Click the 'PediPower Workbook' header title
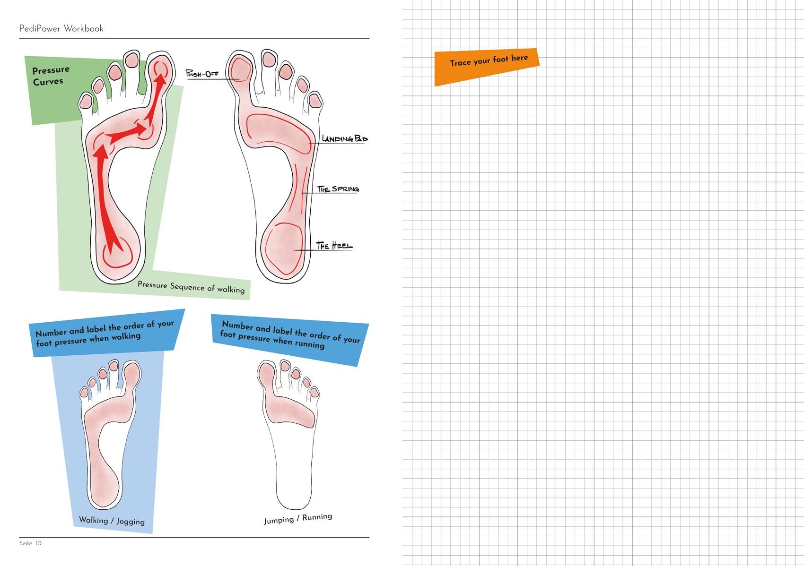[61, 28]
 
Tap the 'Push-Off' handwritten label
[202, 74]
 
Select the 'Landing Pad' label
[344, 138]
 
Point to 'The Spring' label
[338, 189]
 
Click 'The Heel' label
[334, 245]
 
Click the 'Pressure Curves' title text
[50, 76]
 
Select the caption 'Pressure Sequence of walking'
[191, 287]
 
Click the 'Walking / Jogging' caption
[112, 521]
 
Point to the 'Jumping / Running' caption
[298, 518]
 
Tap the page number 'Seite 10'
[30, 543]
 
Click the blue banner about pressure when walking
[105, 333]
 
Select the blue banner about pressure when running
[290, 335]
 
